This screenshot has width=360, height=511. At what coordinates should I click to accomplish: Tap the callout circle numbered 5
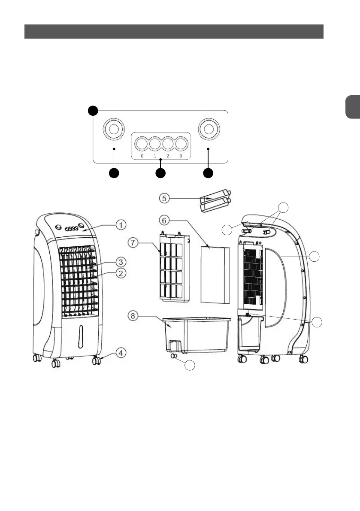[x=165, y=198]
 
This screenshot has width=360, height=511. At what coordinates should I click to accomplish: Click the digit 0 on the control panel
[x=142, y=156]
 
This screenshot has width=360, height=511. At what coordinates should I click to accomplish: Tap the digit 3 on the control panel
[x=181, y=156]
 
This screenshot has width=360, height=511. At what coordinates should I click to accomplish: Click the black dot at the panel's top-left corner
[x=93, y=111]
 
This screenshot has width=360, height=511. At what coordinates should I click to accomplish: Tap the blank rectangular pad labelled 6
[x=215, y=272]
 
